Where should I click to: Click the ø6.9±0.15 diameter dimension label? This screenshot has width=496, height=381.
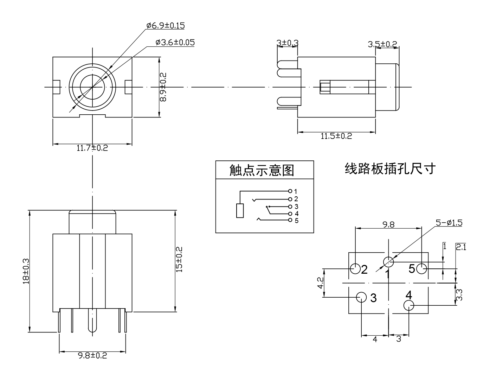165,26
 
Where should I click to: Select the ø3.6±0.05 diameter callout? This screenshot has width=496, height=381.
175,43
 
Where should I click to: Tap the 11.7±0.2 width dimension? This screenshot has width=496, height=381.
92,148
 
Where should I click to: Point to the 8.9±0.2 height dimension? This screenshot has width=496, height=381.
163,87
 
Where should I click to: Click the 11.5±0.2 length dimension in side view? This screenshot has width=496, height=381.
336,136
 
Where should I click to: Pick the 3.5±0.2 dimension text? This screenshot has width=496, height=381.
382,44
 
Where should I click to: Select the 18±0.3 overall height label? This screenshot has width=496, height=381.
26,271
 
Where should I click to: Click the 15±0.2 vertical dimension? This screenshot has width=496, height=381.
179,259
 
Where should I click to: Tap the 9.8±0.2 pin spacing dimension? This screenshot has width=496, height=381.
92,356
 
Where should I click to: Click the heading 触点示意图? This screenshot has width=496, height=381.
262,170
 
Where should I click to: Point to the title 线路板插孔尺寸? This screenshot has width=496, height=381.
390,169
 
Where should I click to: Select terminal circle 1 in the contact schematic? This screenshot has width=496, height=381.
290,191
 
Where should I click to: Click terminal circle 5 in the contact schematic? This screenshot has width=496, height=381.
290,221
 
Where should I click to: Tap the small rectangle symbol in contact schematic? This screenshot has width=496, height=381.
240,211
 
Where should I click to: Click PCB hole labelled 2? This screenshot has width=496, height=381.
355,269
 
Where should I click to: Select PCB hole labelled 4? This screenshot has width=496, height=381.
409,305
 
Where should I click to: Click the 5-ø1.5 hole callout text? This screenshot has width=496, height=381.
449,223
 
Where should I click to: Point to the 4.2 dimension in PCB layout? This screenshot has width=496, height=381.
320,283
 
